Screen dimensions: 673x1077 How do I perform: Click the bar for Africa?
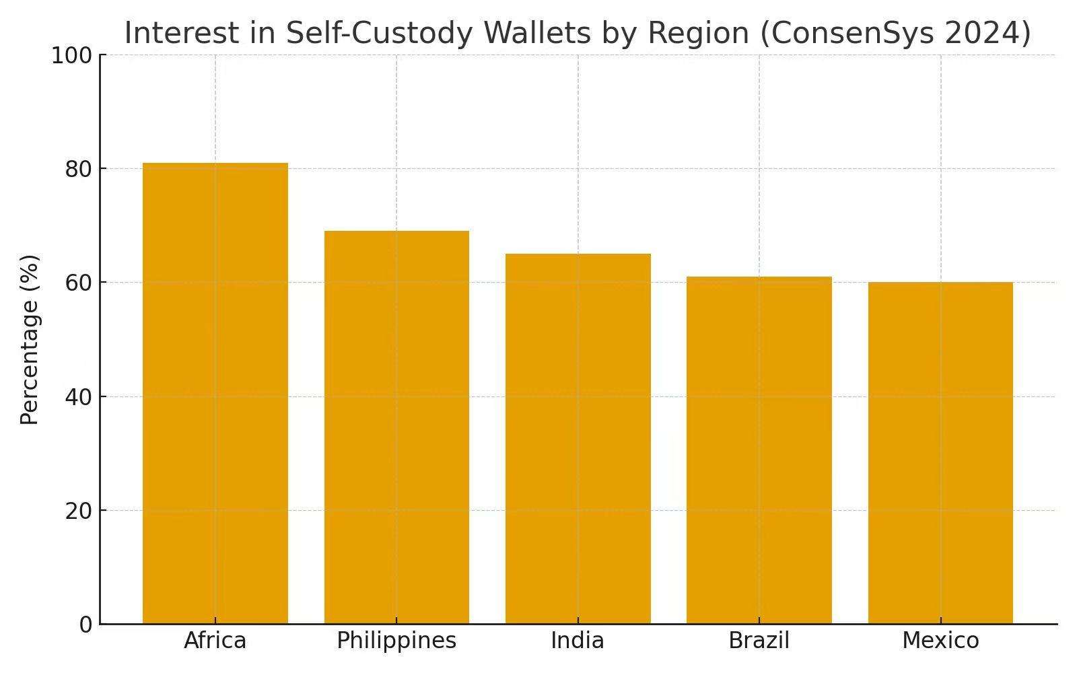pyautogui.click(x=215, y=394)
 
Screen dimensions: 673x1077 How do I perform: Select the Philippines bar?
pyautogui.click(x=396, y=427)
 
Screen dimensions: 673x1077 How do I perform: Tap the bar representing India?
pyautogui.click(x=578, y=439)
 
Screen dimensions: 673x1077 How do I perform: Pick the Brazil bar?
pyautogui.click(x=759, y=450)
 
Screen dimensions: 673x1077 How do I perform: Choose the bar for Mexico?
pyautogui.click(x=940, y=453)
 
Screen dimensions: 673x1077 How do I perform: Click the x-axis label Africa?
pyautogui.click(x=215, y=640)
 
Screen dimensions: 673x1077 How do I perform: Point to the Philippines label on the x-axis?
pyautogui.click(x=396, y=640)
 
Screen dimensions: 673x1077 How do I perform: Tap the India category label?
pyautogui.click(x=578, y=640)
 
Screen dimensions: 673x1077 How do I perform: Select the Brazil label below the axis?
pyautogui.click(x=759, y=640)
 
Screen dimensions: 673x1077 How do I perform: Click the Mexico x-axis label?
pyautogui.click(x=940, y=640)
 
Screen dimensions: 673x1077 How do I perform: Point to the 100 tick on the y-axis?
pyautogui.click(x=72, y=56)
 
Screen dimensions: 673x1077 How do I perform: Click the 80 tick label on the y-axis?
pyautogui.click(x=79, y=169)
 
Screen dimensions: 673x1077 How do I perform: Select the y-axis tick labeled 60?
pyautogui.click(x=79, y=283)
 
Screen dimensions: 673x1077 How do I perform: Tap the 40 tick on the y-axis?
pyautogui.click(x=79, y=397)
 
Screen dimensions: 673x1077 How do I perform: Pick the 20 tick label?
pyautogui.click(x=79, y=511)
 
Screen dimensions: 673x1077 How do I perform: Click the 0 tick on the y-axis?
pyautogui.click(x=85, y=625)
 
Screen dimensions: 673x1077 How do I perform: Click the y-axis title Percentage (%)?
pyautogui.click(x=30, y=340)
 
